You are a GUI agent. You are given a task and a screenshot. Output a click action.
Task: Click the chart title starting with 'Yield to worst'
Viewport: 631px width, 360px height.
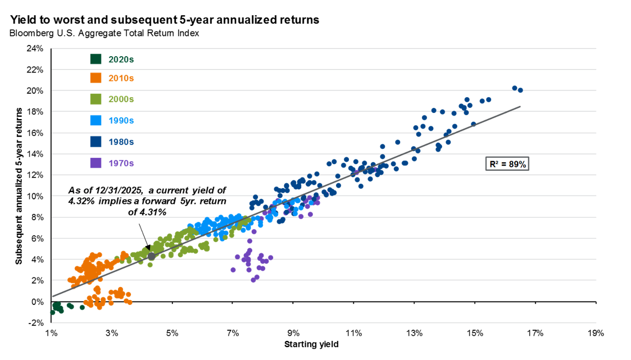pyautogui.click(x=165, y=20)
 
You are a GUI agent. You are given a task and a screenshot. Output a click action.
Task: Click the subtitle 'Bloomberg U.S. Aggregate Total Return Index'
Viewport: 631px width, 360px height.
pyautogui.click(x=104, y=33)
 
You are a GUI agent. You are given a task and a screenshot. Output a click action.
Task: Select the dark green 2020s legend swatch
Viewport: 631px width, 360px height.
pyautogui.click(x=96, y=59)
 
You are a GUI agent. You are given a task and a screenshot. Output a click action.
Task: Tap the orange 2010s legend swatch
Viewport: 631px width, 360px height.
pyautogui.click(x=96, y=78)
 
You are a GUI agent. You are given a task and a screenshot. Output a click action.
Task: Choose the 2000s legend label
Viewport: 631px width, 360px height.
pyautogui.click(x=121, y=99)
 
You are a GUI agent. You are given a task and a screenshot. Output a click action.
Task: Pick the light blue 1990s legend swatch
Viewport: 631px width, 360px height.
pyautogui.click(x=96, y=120)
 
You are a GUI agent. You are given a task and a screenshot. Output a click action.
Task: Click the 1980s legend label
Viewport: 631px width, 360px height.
pyautogui.click(x=121, y=142)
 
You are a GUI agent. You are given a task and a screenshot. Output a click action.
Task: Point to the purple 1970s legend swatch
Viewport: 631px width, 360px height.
pyautogui.click(x=96, y=163)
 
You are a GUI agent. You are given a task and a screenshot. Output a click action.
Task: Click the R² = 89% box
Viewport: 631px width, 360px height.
pyautogui.click(x=506, y=164)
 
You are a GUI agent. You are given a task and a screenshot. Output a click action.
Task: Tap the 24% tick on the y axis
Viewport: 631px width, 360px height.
pyautogui.click(x=35, y=48)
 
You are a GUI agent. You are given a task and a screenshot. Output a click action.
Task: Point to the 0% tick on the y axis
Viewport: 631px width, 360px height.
pyautogui.click(x=38, y=302)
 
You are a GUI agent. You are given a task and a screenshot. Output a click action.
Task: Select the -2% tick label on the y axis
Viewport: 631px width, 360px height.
pyautogui.click(x=37, y=323)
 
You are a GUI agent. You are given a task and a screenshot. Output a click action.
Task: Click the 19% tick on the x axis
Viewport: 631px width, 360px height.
pyautogui.click(x=595, y=333)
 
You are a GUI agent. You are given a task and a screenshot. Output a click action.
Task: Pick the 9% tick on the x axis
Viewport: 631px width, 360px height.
pyautogui.click(x=293, y=333)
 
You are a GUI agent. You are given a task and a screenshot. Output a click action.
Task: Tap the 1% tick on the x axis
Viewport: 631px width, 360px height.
pyautogui.click(x=51, y=333)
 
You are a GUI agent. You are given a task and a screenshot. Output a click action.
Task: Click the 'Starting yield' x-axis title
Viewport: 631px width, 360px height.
pyautogui.click(x=311, y=344)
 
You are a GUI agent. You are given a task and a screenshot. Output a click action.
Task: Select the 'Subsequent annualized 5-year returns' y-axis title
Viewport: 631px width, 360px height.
pyautogui.click(x=19, y=185)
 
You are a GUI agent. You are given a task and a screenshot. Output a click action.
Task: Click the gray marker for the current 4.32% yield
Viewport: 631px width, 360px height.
pyautogui.click(x=151, y=256)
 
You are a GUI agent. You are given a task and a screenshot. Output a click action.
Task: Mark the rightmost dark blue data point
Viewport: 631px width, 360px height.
pyautogui.click(x=520, y=90)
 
